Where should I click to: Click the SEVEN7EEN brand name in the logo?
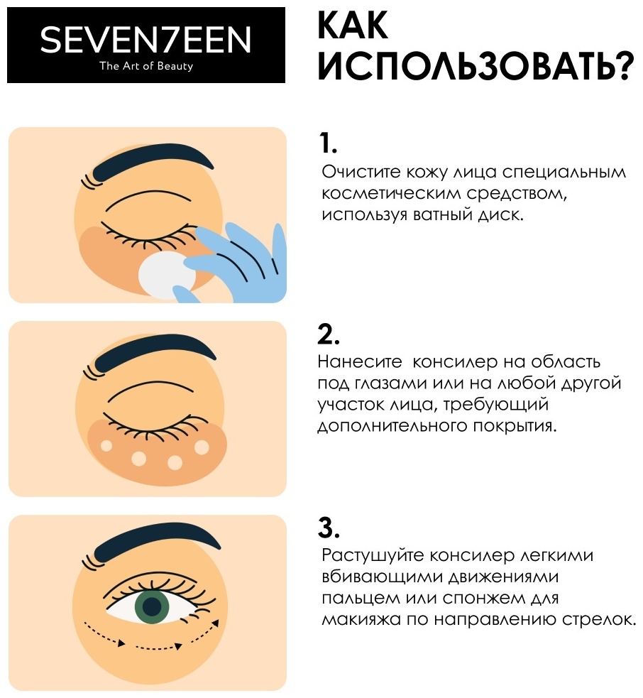coord(146,40)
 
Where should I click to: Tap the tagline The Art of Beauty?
coord(146,66)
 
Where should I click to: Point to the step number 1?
coord(329,143)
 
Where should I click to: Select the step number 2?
coord(329,334)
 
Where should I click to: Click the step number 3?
coord(329,528)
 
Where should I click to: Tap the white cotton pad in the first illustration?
coord(166,273)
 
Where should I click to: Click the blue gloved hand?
coord(236,263)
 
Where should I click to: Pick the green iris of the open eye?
coord(152,606)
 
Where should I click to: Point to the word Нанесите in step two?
coord(360,362)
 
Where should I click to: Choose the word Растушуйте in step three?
coord(375,556)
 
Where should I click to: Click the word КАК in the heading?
coord(353,25)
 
